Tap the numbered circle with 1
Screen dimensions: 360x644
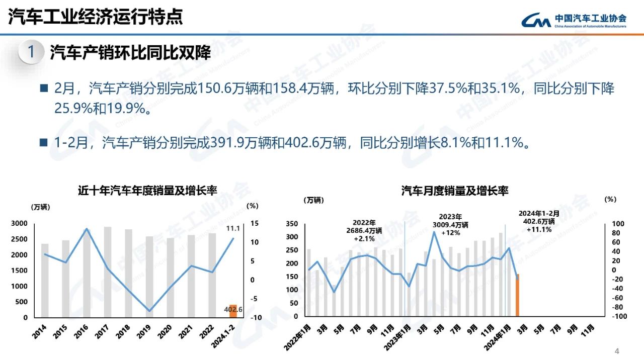31,52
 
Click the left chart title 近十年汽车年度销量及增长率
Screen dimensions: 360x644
147,191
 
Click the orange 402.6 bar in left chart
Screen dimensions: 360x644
233,311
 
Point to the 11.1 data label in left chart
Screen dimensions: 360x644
232,228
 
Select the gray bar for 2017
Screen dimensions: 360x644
108,272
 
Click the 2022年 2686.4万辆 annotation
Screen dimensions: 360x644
364,230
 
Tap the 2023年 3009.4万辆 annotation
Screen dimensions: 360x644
450,224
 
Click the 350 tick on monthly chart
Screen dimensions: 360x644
292,224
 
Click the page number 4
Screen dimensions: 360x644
617,350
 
